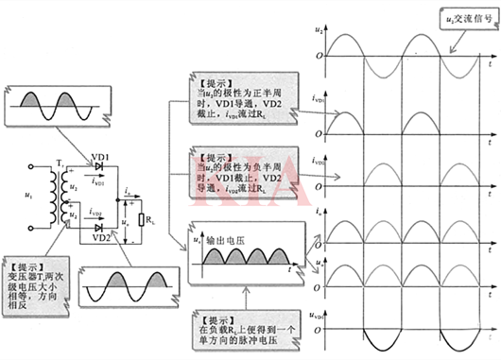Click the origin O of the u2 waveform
click(321, 56)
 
